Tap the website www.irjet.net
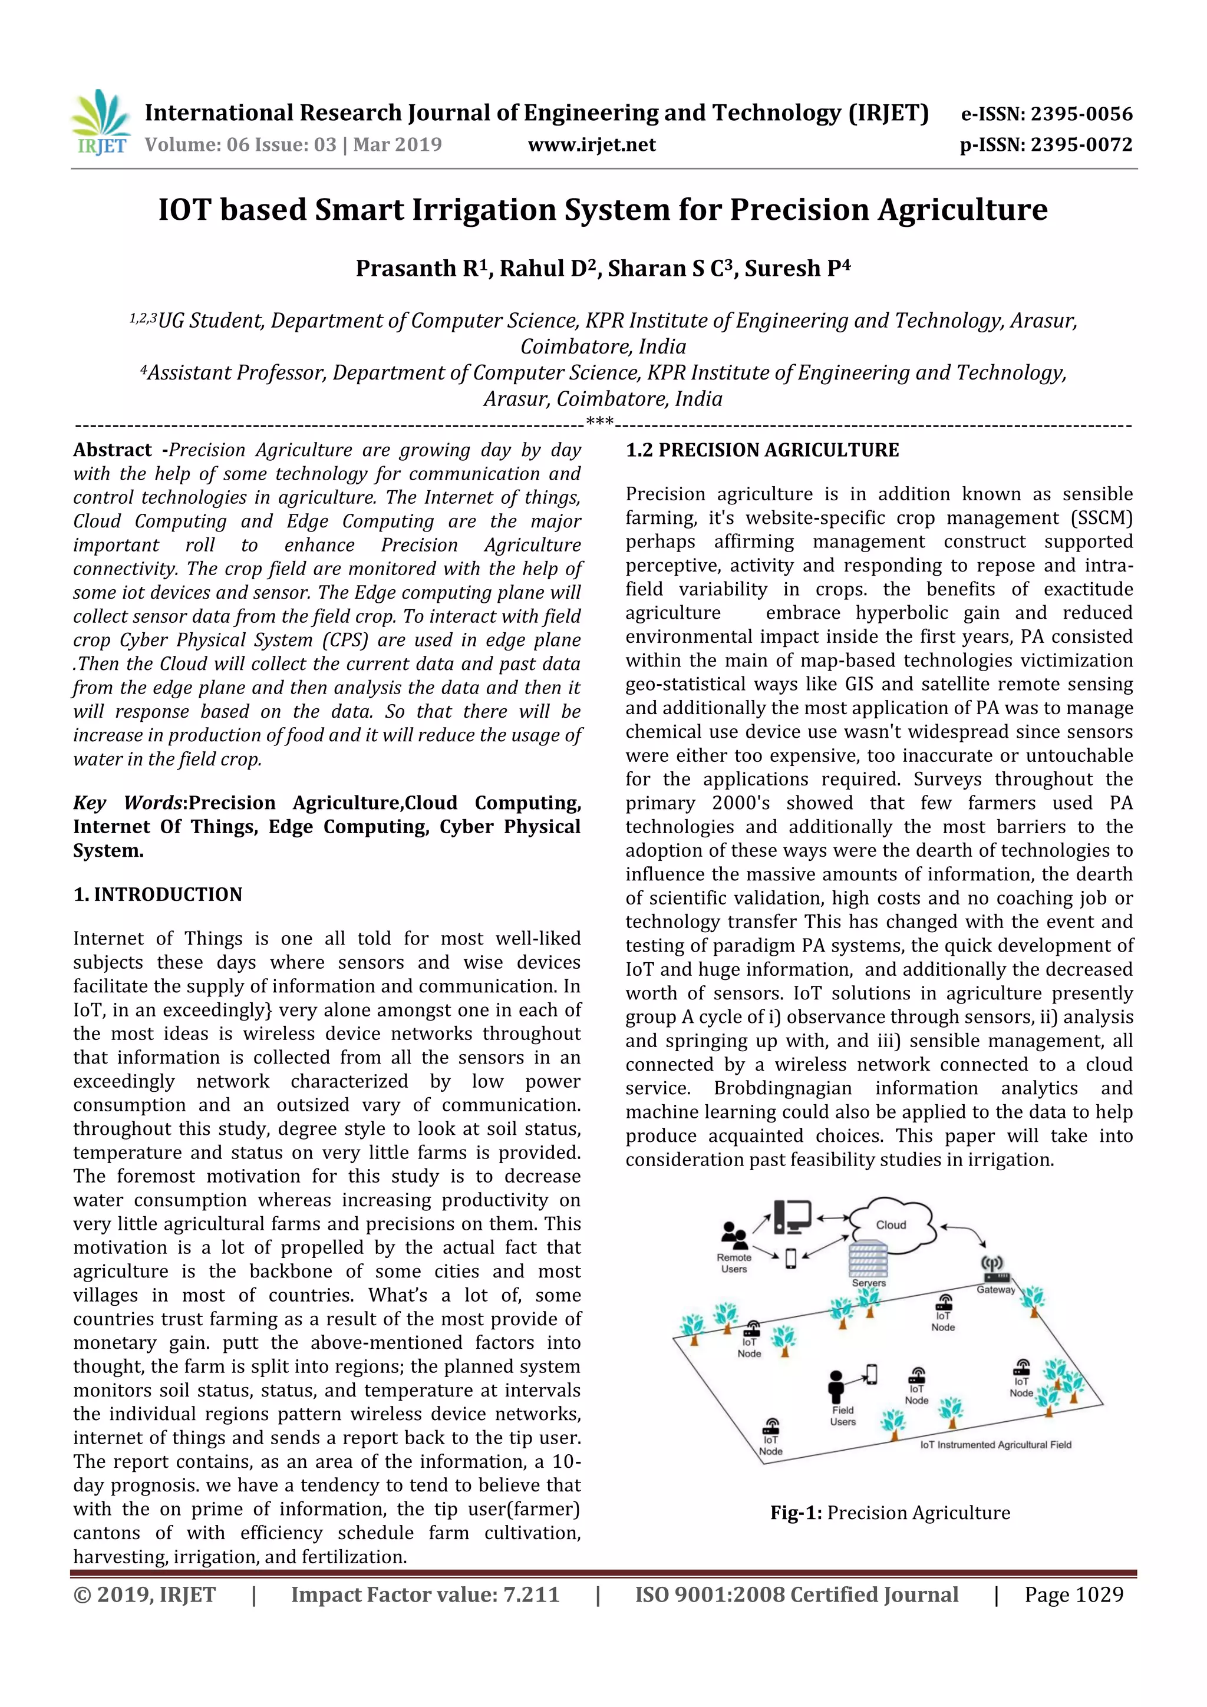[x=591, y=145]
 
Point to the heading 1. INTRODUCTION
[x=158, y=894]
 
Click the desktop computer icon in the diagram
[x=792, y=1217]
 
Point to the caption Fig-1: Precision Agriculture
[x=890, y=1513]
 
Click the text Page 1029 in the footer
[x=1073, y=1594]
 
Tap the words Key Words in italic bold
[x=127, y=803]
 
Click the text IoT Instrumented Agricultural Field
[x=995, y=1445]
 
